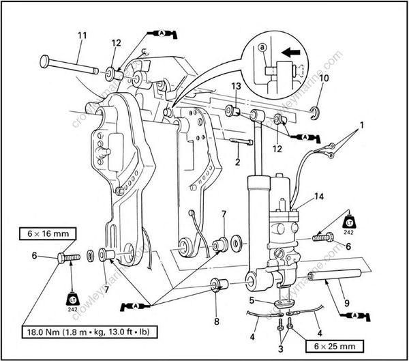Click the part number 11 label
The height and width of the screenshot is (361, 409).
[81, 35]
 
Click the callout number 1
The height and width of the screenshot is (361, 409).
[363, 125]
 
